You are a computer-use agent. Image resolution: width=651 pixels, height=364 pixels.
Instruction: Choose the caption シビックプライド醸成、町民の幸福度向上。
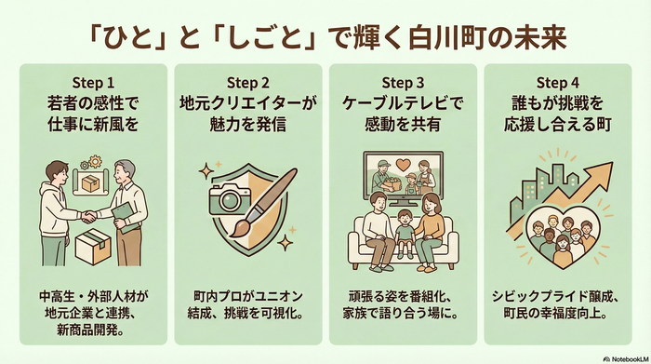[x=558, y=306]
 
